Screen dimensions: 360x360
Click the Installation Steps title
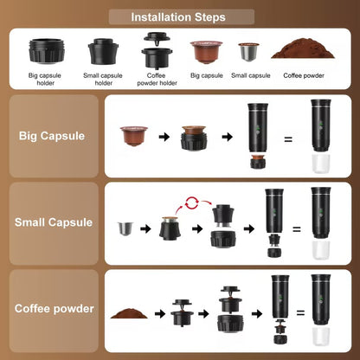tap(179, 16)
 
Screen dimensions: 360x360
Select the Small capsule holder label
tap(104, 79)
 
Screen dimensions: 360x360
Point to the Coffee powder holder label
tap(157, 79)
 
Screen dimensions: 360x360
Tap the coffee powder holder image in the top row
tap(157, 48)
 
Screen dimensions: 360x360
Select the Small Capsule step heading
tap(53, 222)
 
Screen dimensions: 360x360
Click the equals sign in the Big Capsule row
tap(288, 138)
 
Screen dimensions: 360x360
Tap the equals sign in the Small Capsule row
tap(295, 229)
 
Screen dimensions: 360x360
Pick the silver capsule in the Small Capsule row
tap(126, 229)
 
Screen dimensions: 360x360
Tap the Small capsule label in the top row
tap(251, 75)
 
